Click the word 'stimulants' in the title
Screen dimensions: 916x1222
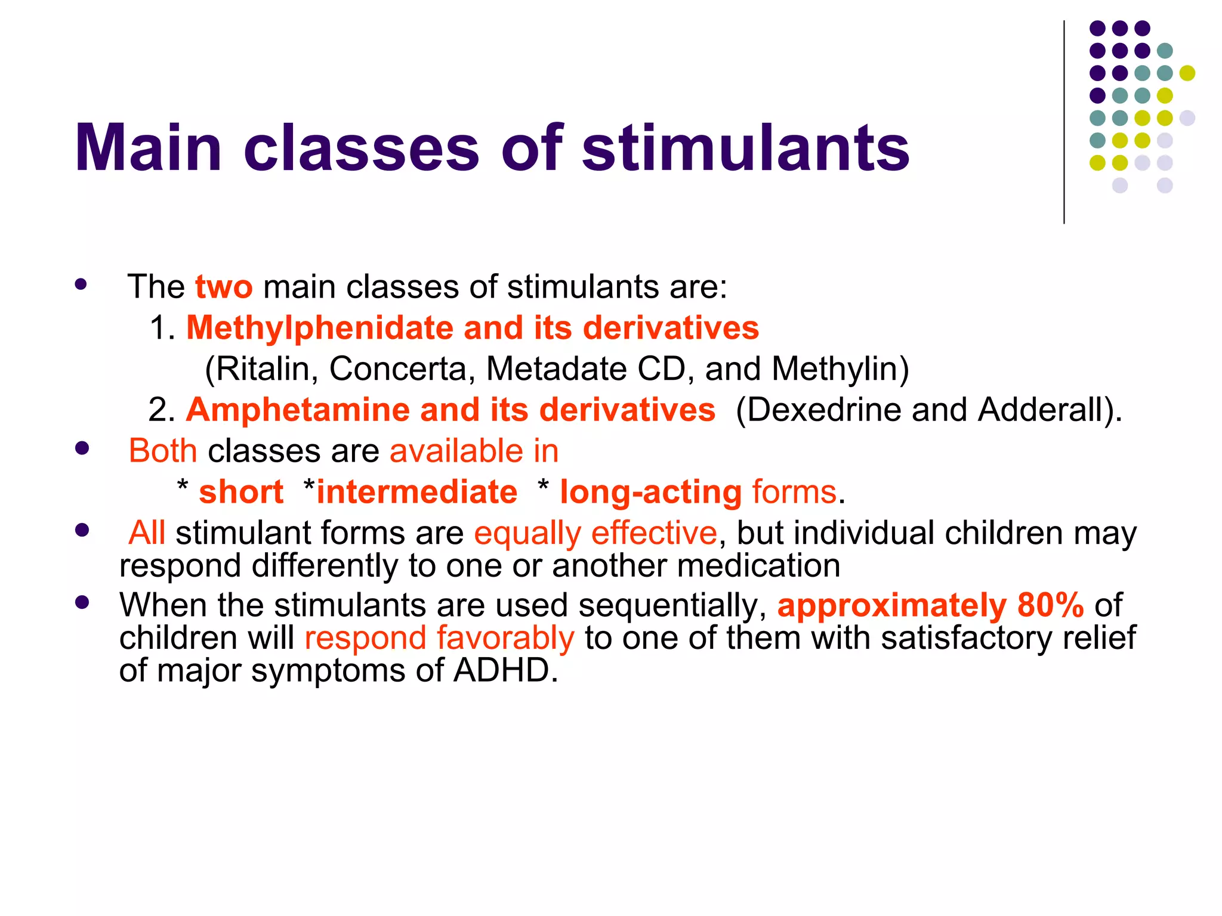tap(745, 148)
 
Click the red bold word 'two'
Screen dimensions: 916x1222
tap(224, 287)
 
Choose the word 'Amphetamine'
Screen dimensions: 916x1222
tap(298, 410)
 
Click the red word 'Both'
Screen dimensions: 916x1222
tap(163, 451)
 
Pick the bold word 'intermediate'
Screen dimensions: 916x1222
tap(416, 493)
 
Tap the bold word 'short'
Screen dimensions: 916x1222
tap(241, 493)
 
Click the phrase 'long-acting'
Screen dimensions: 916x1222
tap(650, 493)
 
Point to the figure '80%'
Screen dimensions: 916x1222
tap(1050, 605)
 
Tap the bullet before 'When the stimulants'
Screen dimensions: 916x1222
tap(82, 602)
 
